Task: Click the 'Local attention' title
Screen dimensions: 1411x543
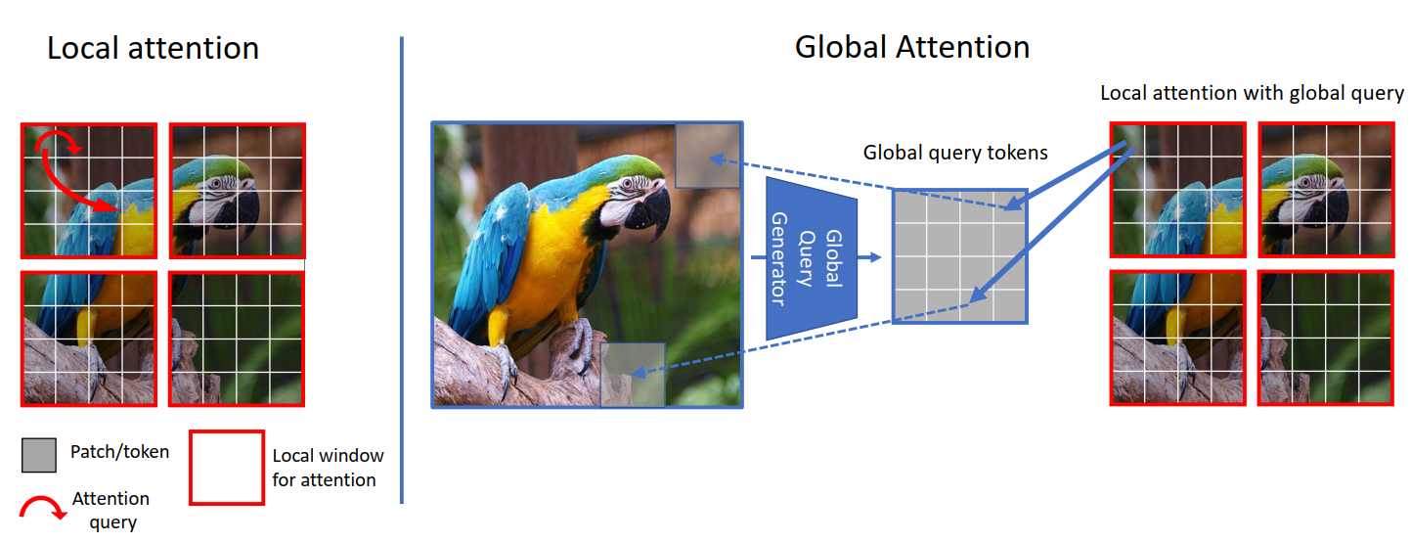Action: [154, 49]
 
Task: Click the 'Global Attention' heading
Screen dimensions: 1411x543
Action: [912, 47]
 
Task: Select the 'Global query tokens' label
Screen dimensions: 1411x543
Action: [955, 153]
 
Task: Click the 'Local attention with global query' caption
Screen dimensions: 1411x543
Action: [1252, 93]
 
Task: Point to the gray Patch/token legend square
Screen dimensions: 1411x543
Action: [39, 455]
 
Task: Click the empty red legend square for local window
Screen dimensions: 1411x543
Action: [227, 468]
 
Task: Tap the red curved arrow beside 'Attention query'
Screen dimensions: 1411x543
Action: [43, 506]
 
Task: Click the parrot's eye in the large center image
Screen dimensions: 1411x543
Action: [627, 185]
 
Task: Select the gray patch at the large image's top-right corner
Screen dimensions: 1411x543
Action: [707, 156]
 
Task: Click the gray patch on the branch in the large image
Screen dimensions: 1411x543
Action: [633, 375]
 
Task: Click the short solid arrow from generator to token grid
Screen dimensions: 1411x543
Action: [870, 257]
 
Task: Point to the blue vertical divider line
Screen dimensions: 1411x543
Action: [401, 270]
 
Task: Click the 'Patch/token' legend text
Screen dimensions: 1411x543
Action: [119, 452]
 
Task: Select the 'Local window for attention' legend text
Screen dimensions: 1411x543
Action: [328, 468]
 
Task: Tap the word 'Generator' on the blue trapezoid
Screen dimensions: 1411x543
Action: [779, 259]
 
